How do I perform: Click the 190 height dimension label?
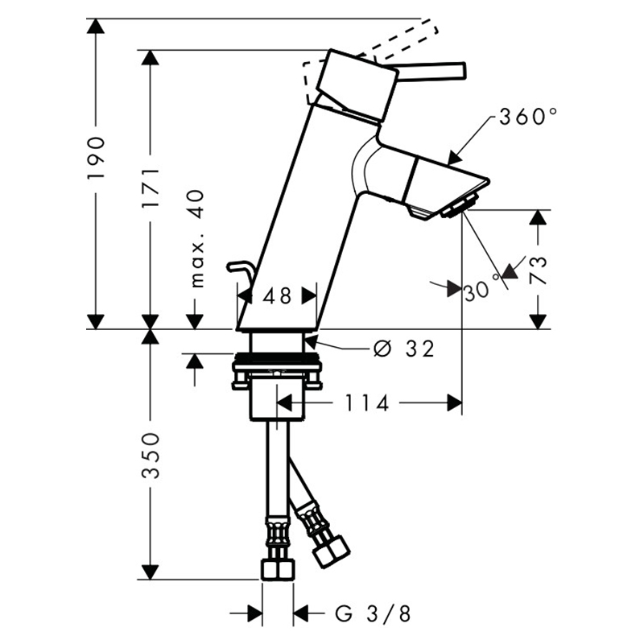coord(97,157)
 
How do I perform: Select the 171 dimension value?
coord(151,188)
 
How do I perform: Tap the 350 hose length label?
coord(151,455)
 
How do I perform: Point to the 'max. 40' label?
coord(197,238)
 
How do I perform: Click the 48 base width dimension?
coord(277,295)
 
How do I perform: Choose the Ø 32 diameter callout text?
coord(404,349)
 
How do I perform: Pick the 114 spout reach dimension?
coord(367,403)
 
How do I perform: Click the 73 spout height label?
coord(539,270)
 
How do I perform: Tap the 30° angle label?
coord(481,291)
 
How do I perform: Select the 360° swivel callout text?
coord(528,117)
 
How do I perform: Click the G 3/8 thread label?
coord(373,614)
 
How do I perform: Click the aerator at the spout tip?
coord(460,206)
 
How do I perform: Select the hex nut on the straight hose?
coord(278,570)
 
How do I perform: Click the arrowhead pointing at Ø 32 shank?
coord(310,341)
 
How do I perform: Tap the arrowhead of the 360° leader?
coord(453,158)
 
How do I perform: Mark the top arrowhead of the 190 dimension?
coord(96,26)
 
